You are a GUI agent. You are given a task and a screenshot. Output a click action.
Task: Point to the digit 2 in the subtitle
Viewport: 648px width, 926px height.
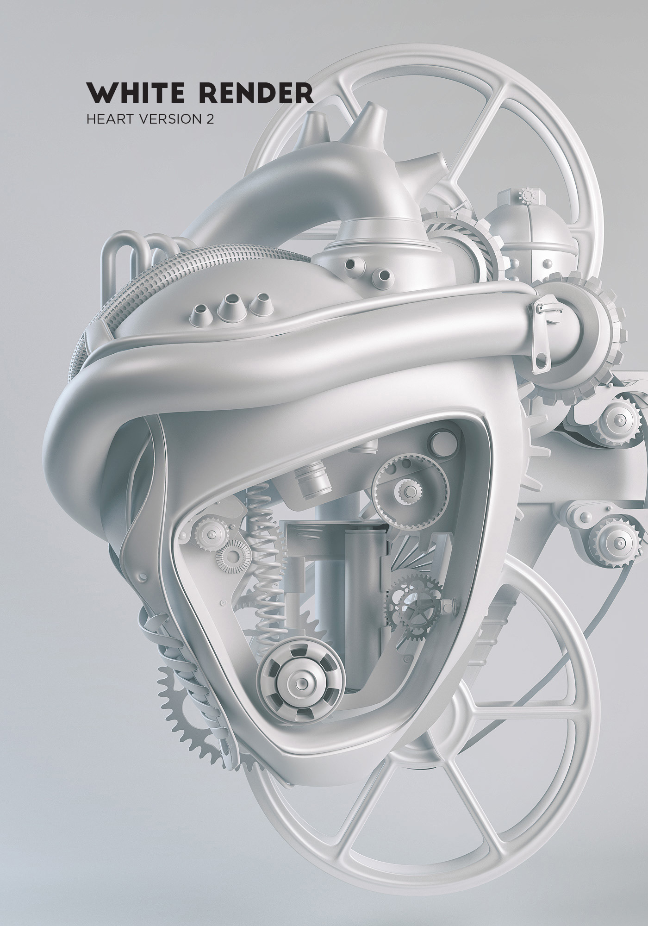[x=211, y=119]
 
